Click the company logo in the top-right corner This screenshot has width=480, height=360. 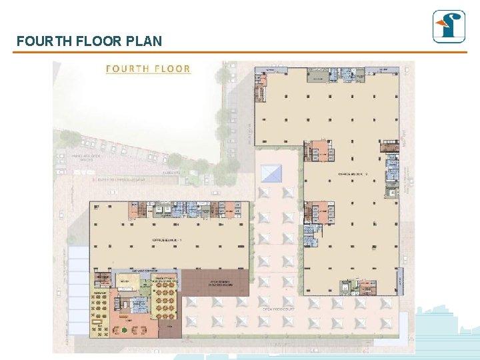pyautogui.click(x=449, y=27)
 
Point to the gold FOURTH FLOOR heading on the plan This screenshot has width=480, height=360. pyautogui.click(x=149, y=69)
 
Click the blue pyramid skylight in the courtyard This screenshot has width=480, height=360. pyautogui.click(x=271, y=173)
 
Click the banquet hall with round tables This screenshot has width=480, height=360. pyautogui.click(x=162, y=303)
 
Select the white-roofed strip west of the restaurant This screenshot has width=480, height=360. pyautogui.click(x=79, y=293)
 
